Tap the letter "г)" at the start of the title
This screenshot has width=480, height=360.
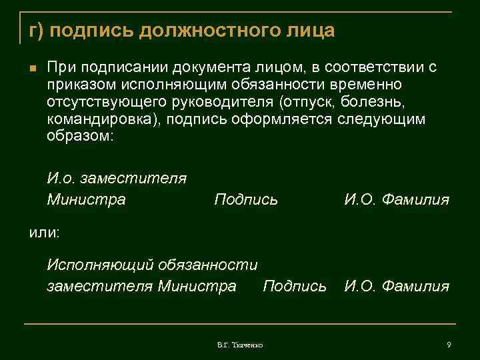36,31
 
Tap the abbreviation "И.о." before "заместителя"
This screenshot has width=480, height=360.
61,179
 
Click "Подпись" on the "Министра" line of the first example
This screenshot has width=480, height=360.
246,199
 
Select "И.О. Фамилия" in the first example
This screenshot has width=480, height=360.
397,199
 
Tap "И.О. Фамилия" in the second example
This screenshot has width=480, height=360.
397,287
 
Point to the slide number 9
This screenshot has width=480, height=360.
449,344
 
